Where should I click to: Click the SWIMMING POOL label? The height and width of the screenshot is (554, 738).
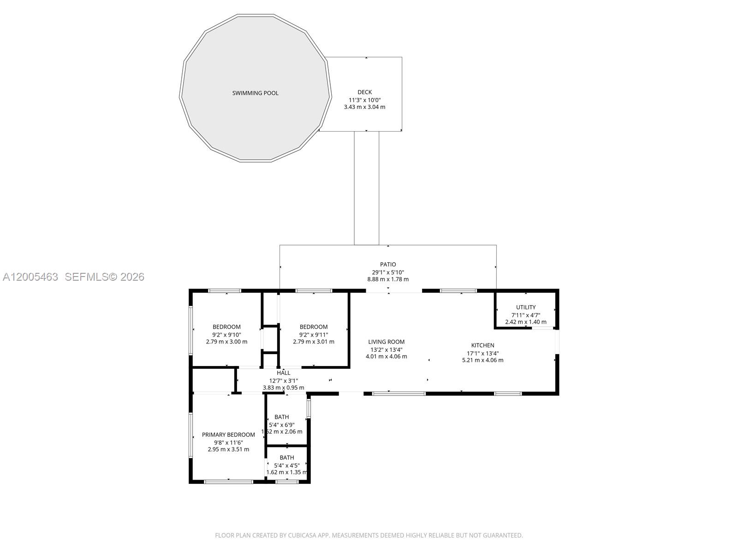[255, 93]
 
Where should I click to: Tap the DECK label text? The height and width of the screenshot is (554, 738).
[364, 92]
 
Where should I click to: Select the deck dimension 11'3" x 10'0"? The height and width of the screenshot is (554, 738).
[364, 100]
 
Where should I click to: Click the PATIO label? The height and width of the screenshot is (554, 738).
[388, 265]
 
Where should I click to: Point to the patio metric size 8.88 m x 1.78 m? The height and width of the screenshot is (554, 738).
[387, 279]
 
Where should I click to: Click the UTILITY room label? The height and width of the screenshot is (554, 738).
[526, 307]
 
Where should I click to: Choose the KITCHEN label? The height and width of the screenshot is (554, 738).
[482, 345]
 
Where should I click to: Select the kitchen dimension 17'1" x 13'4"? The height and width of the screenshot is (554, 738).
[482, 353]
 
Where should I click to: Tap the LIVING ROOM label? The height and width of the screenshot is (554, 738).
[386, 342]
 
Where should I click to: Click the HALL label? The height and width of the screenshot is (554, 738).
[283, 373]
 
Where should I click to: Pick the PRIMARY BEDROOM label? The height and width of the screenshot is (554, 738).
[228, 435]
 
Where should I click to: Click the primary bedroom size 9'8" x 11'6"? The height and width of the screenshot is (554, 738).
[228, 442]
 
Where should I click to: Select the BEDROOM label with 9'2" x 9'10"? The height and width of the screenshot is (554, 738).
[226, 327]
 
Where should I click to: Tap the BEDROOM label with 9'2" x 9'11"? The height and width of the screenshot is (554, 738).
[313, 327]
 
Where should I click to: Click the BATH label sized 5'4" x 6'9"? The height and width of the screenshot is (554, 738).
[281, 417]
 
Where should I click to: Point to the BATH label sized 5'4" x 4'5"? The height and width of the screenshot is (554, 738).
[286, 458]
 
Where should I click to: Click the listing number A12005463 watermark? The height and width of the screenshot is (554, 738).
[30, 277]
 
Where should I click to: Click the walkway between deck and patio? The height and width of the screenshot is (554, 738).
[367, 188]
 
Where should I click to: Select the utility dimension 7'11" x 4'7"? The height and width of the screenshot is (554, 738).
[526, 315]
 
